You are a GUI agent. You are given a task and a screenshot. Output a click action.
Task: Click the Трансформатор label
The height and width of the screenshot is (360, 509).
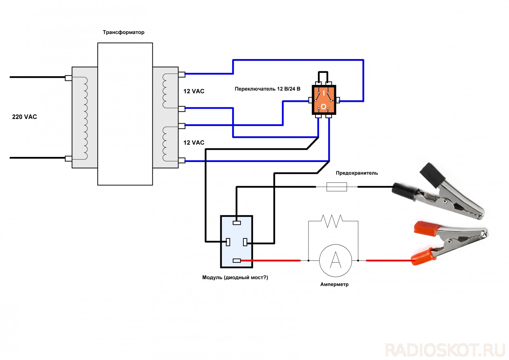(124, 32)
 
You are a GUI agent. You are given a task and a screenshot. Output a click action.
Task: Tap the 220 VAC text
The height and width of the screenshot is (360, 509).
(24, 117)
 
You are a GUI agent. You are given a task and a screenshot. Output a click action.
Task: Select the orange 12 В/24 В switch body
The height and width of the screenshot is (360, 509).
(324, 100)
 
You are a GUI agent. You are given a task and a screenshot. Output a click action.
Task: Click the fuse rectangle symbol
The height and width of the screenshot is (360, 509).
(337, 187)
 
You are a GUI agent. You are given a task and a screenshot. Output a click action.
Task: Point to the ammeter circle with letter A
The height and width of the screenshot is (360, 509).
(335, 260)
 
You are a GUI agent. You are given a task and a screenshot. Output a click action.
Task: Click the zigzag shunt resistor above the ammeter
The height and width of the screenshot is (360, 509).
(332, 221)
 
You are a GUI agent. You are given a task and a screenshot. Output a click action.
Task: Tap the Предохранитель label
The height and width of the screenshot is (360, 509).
(357, 173)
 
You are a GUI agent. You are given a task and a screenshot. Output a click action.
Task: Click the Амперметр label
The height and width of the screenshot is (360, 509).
(334, 284)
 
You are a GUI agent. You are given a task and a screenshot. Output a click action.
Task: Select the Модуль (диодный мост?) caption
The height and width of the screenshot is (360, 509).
(235, 277)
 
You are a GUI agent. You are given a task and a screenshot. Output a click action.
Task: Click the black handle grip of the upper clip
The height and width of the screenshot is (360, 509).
(430, 175)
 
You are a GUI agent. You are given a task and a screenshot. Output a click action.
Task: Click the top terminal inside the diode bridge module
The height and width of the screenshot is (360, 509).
(237, 223)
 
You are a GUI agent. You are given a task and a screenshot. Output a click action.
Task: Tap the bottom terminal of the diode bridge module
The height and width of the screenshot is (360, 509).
(237, 260)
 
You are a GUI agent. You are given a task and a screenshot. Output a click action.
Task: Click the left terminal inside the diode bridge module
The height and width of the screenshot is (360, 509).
(228, 242)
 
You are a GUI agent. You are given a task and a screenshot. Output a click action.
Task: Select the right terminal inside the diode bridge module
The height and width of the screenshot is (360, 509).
(245, 242)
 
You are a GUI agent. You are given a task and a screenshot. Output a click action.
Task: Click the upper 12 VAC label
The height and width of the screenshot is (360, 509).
(194, 91)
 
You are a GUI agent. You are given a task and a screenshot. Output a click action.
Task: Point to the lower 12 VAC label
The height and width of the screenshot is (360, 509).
(194, 143)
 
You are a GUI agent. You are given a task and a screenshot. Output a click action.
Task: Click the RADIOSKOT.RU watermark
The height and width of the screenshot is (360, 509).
(445, 350)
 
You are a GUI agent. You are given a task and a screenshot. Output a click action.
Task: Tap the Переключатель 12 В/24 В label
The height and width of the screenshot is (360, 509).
(267, 89)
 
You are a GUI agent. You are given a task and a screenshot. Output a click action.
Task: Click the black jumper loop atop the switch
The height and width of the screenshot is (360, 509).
(323, 73)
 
